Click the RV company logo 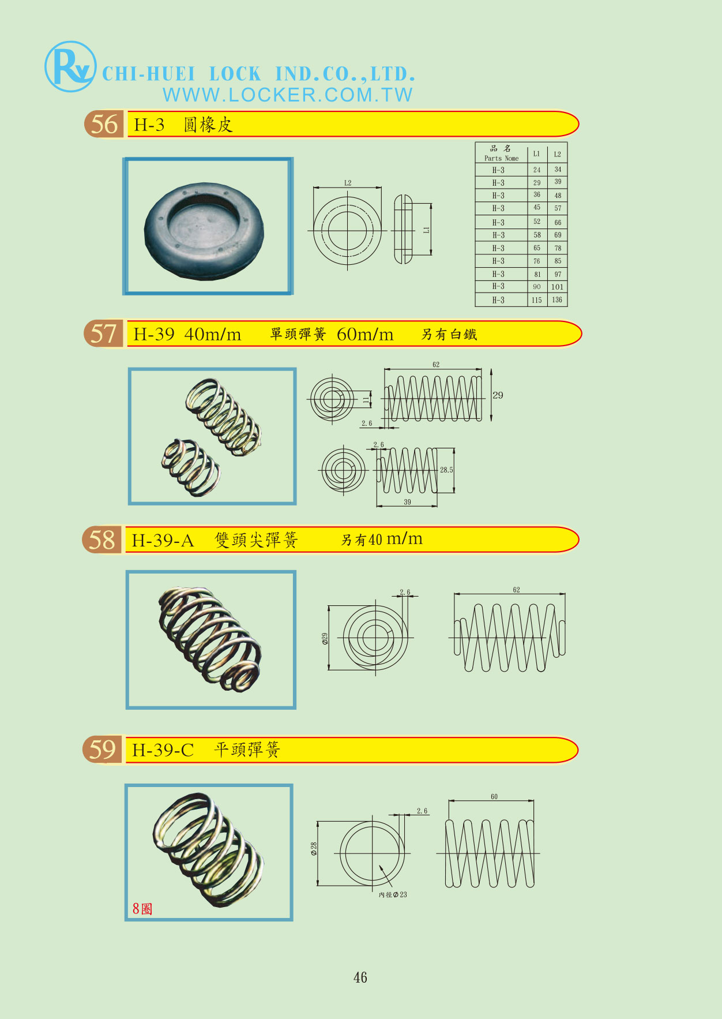click(x=70, y=66)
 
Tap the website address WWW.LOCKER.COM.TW click(x=288, y=95)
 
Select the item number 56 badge click(x=104, y=124)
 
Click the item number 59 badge click(x=103, y=750)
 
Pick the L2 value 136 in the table click(x=557, y=300)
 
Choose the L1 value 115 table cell click(x=537, y=300)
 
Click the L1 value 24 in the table click(x=537, y=170)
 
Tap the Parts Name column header click(x=501, y=153)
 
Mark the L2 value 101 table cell click(x=557, y=287)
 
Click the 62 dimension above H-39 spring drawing click(x=436, y=365)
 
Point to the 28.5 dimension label click(x=446, y=470)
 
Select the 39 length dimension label click(x=407, y=502)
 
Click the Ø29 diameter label click(x=325, y=638)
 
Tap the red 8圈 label click(x=142, y=909)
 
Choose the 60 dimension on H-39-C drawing click(x=494, y=797)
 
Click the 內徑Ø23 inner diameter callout click(x=393, y=894)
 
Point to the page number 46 click(x=360, y=977)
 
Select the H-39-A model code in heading click(x=163, y=541)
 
